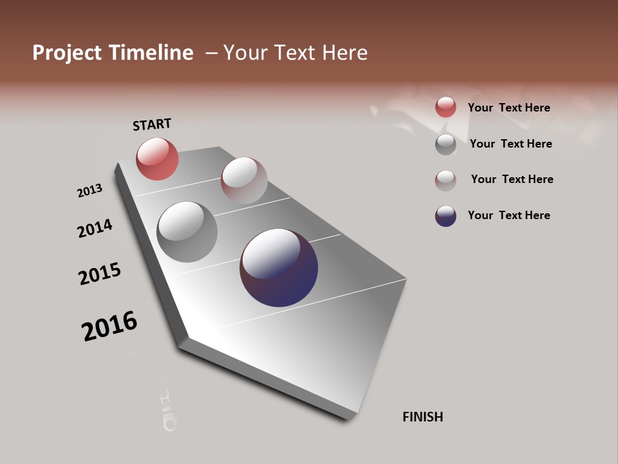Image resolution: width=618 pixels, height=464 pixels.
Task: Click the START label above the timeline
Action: click(x=152, y=124)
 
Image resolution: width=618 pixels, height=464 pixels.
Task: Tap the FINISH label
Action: click(x=422, y=417)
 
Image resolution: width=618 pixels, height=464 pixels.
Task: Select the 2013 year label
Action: click(x=89, y=191)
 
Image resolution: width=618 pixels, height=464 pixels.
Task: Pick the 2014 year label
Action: click(x=95, y=228)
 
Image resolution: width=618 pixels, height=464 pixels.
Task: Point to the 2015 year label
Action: click(x=100, y=274)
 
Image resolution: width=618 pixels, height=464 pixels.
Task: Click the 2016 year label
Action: click(x=109, y=326)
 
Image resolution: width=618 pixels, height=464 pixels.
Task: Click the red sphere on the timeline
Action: click(x=157, y=159)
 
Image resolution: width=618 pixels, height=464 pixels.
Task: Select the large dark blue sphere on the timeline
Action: click(x=279, y=267)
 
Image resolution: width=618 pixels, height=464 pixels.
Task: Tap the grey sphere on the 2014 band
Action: click(x=187, y=232)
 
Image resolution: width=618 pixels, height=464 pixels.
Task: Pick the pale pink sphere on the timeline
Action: click(x=244, y=180)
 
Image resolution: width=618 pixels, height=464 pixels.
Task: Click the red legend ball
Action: click(x=445, y=107)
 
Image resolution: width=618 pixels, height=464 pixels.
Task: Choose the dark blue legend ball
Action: click(x=445, y=216)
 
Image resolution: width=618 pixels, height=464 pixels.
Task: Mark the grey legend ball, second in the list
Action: click(x=445, y=144)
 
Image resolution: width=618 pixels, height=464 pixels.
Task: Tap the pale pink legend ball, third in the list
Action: click(x=445, y=180)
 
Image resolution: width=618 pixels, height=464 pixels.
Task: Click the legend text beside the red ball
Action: click(x=509, y=108)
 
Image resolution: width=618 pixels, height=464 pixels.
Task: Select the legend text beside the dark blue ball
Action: click(x=509, y=215)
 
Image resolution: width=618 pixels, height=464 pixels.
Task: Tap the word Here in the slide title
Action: click(x=345, y=53)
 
